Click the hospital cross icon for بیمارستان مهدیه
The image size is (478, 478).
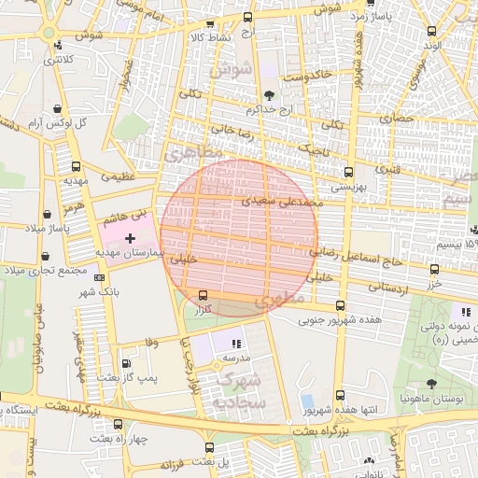tap(129, 239)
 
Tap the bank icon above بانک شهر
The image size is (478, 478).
tap(86, 278)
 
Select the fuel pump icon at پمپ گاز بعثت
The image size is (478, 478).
tap(127, 363)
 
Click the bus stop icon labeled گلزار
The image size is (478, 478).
tap(204, 295)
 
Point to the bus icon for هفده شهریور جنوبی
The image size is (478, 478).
tap(339, 306)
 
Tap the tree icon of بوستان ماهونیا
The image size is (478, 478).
tap(430, 383)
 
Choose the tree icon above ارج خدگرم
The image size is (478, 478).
tap(270, 94)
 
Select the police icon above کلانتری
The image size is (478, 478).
tap(60, 45)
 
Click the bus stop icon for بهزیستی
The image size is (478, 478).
tap(349, 172)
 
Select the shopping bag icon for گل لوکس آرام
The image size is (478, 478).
tap(59, 109)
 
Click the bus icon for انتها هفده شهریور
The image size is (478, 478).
tap(340, 396)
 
